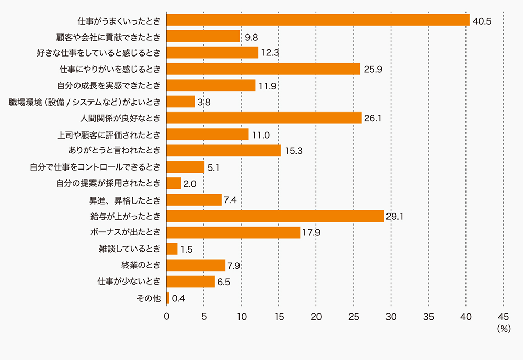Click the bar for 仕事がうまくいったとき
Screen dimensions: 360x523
318,20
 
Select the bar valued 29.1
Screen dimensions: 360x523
275,216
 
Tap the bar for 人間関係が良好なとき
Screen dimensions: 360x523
264,118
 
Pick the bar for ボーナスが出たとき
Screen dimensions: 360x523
233,232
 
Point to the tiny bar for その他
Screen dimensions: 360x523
168,298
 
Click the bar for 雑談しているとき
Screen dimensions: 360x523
172,249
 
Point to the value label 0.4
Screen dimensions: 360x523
179,299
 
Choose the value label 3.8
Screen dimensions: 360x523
203,102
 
